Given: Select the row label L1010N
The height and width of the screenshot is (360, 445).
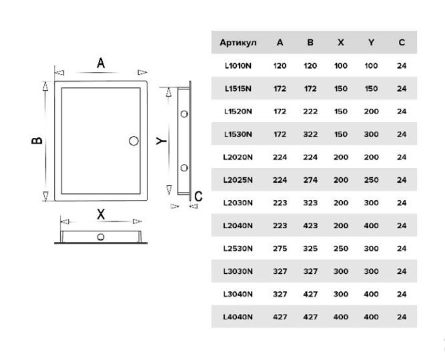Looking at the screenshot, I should [238, 66].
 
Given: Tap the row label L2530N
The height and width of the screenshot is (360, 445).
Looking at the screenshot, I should [238, 248].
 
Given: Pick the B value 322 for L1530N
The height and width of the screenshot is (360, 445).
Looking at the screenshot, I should [310, 134].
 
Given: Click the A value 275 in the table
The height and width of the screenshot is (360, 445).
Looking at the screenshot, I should [280, 248].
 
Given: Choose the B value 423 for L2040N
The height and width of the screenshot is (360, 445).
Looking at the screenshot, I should [310, 225].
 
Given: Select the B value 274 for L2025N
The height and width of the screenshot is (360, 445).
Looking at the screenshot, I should [310, 180].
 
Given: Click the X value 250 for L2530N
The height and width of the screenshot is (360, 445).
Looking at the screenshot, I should [340, 248].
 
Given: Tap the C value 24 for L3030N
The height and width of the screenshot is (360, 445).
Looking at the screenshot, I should [401, 271].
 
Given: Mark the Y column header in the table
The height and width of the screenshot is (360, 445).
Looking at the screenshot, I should [371, 43].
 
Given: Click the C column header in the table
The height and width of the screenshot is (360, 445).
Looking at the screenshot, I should [401, 43].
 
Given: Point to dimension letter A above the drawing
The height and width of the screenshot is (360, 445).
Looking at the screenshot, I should [101, 63].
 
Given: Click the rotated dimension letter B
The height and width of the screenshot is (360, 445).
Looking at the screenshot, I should [37, 141].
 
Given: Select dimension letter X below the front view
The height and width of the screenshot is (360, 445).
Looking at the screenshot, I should [101, 215].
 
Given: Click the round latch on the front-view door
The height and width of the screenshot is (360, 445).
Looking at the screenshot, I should [133, 141].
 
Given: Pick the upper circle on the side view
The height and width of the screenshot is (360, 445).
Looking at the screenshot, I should [183, 113].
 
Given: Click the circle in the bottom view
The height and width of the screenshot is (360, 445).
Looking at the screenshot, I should [101, 237].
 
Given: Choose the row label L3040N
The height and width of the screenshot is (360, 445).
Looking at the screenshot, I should [238, 293].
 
